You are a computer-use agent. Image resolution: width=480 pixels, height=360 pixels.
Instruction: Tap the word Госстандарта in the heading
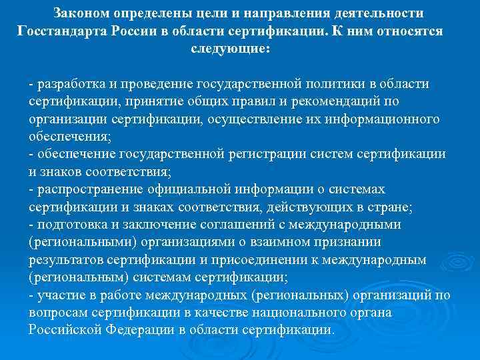pyautogui.click(x=62, y=31)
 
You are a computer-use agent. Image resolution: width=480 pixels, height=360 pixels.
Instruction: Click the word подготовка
pyautogui.click(x=71, y=224)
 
